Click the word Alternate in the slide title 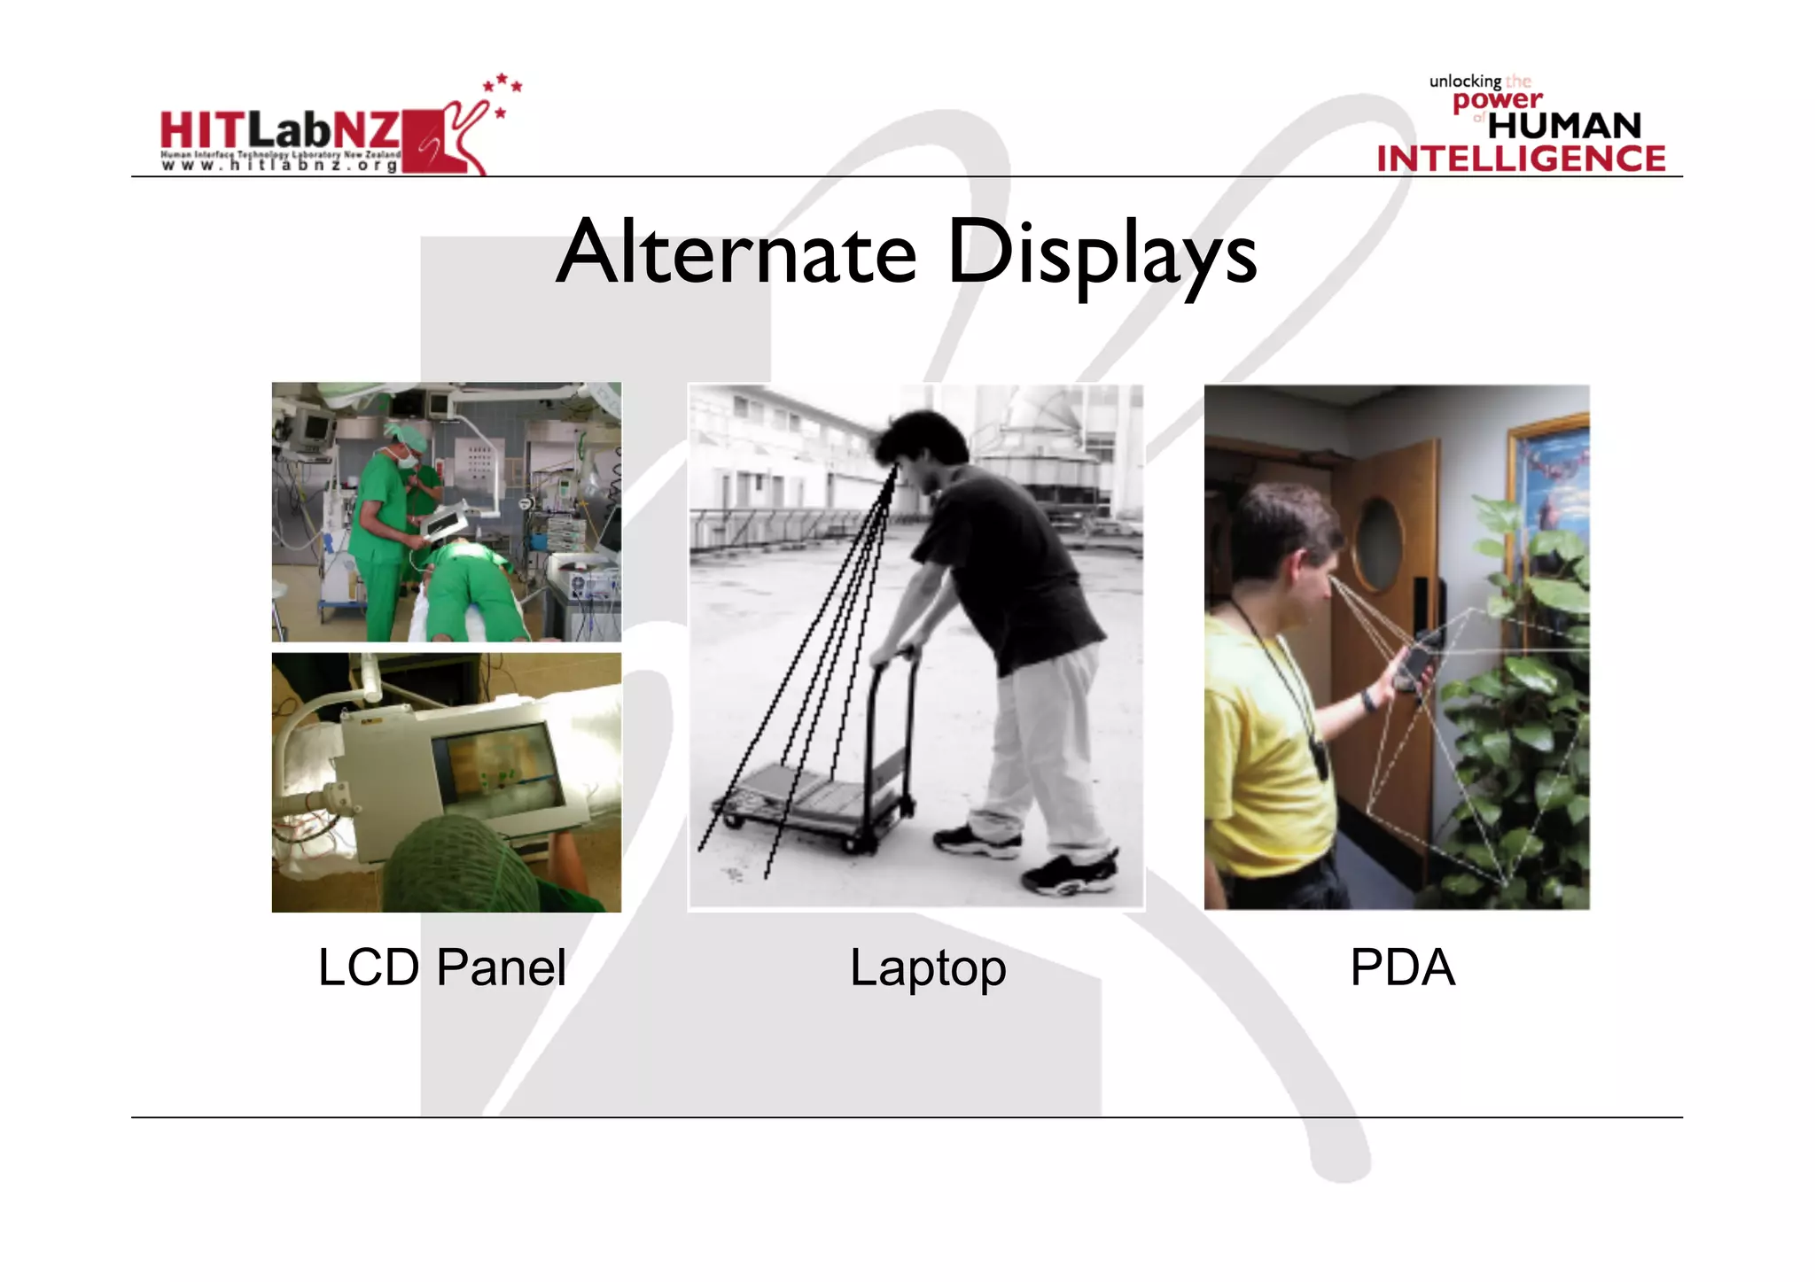736,253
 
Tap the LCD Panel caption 441,967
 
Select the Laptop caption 927,968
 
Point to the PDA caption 1402,967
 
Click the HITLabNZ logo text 280,131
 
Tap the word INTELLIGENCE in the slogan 1521,159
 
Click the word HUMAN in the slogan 1564,126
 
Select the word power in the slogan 1497,100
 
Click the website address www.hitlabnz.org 280,165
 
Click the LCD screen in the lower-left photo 500,762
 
